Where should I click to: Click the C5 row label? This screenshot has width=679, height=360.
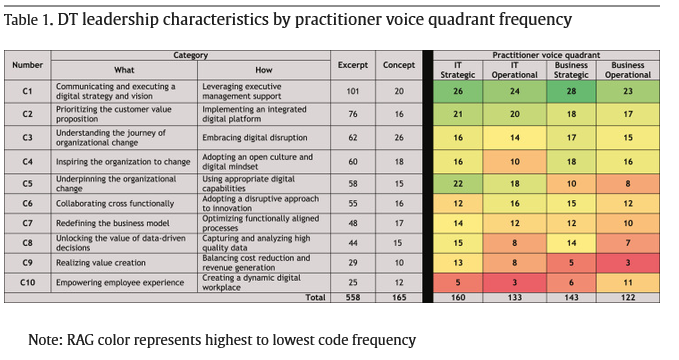[27, 184]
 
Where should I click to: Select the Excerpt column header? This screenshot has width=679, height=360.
[352, 65]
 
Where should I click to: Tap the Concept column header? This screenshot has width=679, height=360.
[399, 65]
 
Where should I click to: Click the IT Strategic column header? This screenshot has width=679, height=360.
[458, 70]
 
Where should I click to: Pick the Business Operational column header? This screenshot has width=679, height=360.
[628, 70]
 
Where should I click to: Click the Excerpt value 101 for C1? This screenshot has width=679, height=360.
[352, 91]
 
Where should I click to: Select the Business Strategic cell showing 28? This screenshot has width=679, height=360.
[571, 91]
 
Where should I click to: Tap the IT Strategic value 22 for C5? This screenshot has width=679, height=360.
[458, 184]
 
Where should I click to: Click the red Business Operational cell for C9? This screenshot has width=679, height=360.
[628, 263]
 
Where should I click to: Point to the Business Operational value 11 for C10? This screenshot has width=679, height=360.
[628, 282]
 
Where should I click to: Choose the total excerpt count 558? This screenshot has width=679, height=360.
[353, 297]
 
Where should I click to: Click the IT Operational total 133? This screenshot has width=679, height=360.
[514, 297]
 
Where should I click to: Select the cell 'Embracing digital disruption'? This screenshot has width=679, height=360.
[255, 138]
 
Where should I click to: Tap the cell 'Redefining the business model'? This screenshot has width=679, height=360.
[113, 223]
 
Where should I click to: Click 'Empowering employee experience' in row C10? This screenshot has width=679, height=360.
[120, 282]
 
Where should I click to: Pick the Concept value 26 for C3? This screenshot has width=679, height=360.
[399, 138]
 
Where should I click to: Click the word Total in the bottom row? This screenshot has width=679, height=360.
[315, 297]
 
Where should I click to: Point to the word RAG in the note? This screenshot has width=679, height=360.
[80, 340]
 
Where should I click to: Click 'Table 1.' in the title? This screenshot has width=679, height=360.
[29, 19]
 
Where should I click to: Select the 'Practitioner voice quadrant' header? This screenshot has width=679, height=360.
[546, 55]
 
